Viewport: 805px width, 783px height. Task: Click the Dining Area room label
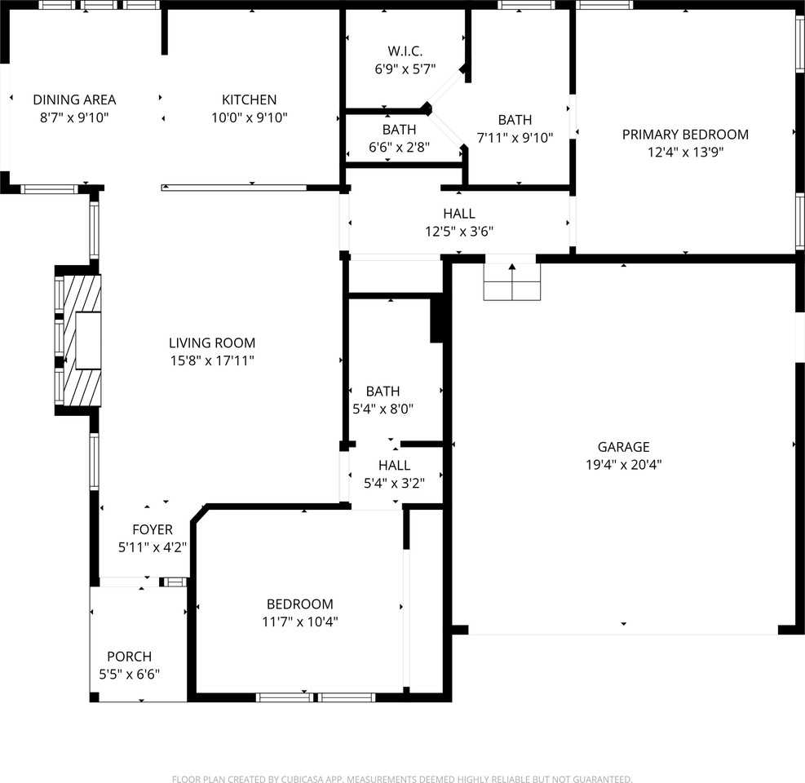tap(74, 100)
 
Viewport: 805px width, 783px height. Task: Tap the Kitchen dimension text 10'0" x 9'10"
tap(249, 117)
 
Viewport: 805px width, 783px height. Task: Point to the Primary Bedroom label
tap(684, 135)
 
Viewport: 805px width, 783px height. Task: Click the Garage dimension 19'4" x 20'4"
tap(623, 465)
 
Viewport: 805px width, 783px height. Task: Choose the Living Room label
tap(211, 343)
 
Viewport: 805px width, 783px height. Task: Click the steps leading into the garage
tap(511, 282)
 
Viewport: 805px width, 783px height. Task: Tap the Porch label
tap(129, 657)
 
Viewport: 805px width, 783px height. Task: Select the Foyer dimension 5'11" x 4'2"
tap(153, 547)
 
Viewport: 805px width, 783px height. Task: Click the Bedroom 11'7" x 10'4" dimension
tap(299, 622)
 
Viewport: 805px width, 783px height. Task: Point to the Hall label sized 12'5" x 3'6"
tap(459, 214)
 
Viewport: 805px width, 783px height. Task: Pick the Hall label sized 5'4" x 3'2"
tap(394, 465)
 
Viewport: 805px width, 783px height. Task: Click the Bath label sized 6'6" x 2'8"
tap(399, 130)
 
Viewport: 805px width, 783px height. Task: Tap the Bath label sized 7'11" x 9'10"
tap(515, 120)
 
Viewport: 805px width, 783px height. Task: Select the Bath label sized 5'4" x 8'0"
tap(383, 391)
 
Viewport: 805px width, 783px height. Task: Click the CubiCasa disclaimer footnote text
tap(402, 779)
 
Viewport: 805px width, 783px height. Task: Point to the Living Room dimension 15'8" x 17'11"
tap(211, 361)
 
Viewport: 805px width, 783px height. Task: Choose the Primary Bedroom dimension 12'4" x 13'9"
tap(684, 152)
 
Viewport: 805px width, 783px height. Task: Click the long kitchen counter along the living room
tap(235, 188)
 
